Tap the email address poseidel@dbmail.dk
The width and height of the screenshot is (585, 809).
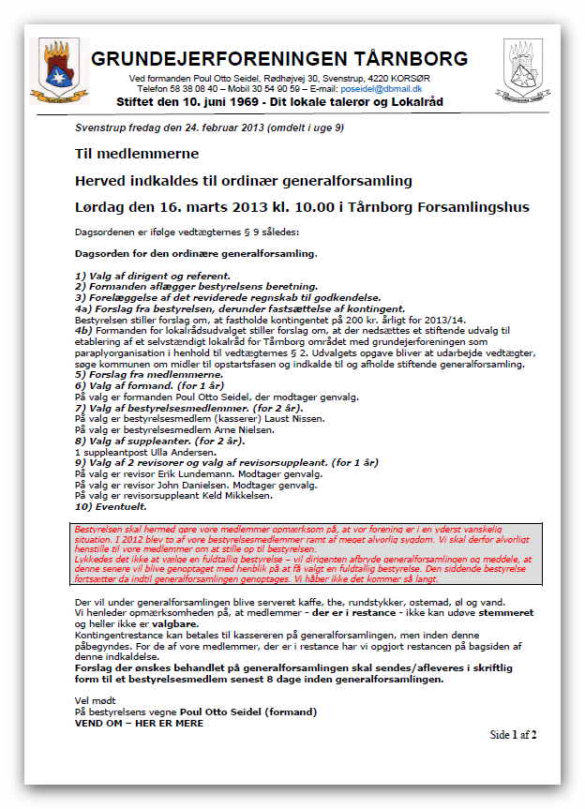[x=382, y=87]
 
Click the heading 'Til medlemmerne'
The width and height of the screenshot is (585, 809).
[x=137, y=153]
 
